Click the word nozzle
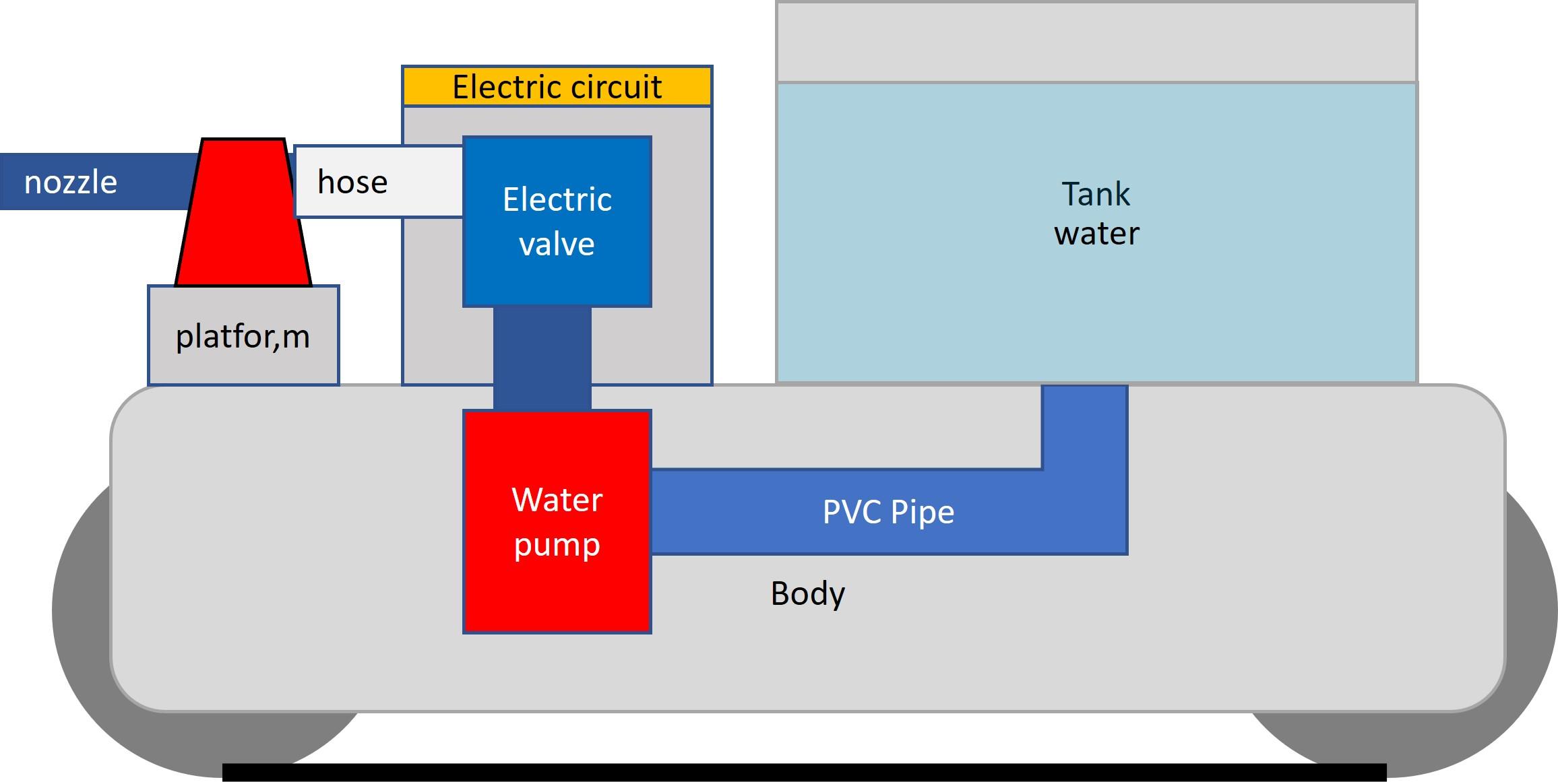click(x=71, y=183)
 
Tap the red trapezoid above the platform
click(x=243, y=216)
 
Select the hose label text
click(x=352, y=182)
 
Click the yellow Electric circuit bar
click(x=557, y=87)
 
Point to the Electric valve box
click(x=557, y=168)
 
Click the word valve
click(x=557, y=244)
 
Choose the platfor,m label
click(x=243, y=336)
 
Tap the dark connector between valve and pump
click(x=542, y=357)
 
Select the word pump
click(x=557, y=545)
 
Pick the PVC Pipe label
click(x=888, y=512)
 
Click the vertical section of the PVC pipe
click(x=1085, y=431)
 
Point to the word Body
click(x=807, y=593)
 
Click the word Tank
click(x=1096, y=194)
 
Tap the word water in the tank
click(x=1096, y=234)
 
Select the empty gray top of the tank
click(x=1096, y=42)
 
